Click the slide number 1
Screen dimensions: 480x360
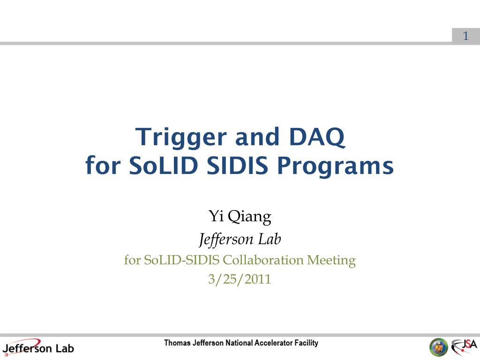pyautogui.click(x=465, y=36)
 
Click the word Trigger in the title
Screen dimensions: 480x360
pyautogui.click(x=181, y=138)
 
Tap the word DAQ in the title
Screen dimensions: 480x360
pyautogui.click(x=317, y=137)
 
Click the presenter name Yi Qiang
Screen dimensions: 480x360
pyautogui.click(x=240, y=217)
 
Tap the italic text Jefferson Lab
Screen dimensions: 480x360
pyautogui.click(x=240, y=239)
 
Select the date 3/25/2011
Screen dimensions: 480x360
pyautogui.click(x=240, y=279)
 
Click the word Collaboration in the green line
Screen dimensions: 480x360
pyautogui.click(x=263, y=260)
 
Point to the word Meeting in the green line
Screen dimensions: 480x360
pyautogui.click(x=331, y=261)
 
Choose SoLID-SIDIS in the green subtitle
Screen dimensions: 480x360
pyautogui.click(x=181, y=260)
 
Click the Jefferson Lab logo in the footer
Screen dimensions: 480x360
pyautogui.click(x=38, y=348)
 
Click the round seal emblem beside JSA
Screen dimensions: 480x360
pyautogui.click(x=439, y=348)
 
